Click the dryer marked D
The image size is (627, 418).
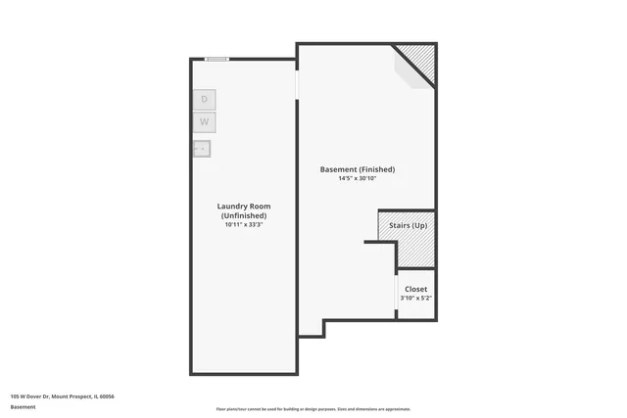(x=204, y=99)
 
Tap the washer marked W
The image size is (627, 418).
(x=204, y=122)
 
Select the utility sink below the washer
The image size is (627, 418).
(x=202, y=149)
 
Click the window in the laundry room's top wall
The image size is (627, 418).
(x=217, y=59)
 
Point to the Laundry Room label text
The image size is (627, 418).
(x=244, y=210)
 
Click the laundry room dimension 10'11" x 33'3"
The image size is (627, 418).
(x=244, y=225)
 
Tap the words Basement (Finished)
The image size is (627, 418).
(x=358, y=169)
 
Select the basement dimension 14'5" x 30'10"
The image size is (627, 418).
(x=358, y=178)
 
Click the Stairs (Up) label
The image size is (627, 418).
(x=407, y=226)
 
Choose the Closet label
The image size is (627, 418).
(x=415, y=289)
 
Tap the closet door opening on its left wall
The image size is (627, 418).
(x=397, y=294)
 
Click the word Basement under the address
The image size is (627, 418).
(x=23, y=406)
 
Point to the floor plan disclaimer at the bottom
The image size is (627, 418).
(x=313, y=409)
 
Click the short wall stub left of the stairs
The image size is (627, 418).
(x=379, y=242)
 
